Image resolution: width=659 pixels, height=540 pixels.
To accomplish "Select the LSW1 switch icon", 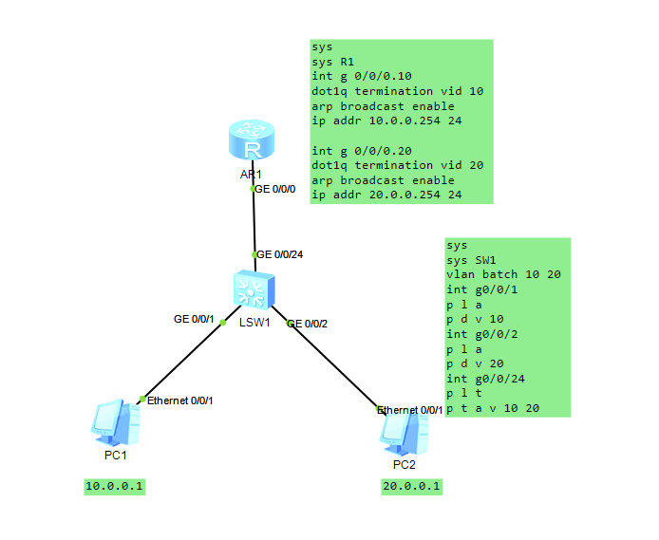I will click(x=254, y=289).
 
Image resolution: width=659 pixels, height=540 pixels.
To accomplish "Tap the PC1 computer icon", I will click(x=116, y=422).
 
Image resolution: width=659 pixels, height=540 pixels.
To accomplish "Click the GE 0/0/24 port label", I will click(x=281, y=254).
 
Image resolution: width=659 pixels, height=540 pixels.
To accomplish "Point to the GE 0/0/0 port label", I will click(x=276, y=189).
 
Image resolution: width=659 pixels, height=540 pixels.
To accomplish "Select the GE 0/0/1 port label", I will click(x=194, y=319).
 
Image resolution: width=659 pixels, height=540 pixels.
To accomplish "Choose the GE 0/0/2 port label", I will click(x=308, y=324).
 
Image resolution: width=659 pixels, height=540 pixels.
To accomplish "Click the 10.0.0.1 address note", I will click(x=116, y=487).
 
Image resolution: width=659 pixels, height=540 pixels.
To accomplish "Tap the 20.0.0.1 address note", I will click(x=412, y=487).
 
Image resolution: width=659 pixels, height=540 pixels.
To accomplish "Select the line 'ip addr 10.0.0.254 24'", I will click(x=386, y=121).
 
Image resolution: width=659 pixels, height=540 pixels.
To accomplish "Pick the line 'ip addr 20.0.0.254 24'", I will click(x=386, y=195).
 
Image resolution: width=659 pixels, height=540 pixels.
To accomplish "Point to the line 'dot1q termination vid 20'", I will click(x=397, y=165).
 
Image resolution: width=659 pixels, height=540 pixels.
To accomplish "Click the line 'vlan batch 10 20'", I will click(x=503, y=274).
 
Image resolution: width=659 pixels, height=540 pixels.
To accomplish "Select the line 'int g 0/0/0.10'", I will click(x=362, y=77).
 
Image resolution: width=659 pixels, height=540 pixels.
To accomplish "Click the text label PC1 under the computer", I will click(x=116, y=456).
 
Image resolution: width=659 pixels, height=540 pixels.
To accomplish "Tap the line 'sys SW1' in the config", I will click(x=471, y=260).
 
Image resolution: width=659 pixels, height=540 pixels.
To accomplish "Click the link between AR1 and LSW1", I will click(x=253, y=223).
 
